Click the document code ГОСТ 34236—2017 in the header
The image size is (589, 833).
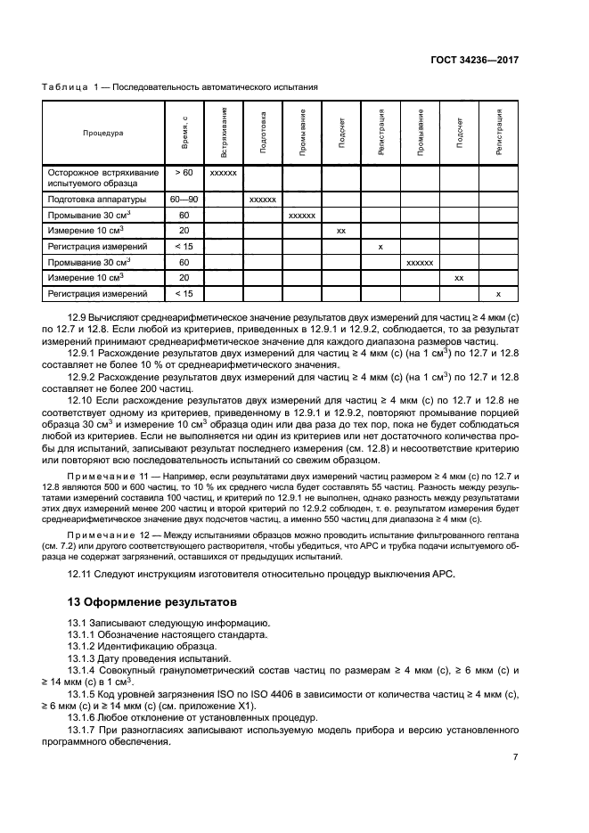[x=475, y=59]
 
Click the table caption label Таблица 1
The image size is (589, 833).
[x=73, y=86]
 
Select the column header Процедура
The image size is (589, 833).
[x=103, y=133]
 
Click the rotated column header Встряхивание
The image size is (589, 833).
[x=224, y=133]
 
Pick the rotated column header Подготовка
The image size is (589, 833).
[x=263, y=133]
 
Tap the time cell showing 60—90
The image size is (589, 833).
[x=184, y=200]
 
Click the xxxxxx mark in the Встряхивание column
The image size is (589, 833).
[x=223, y=172]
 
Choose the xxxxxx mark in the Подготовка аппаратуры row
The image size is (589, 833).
[x=263, y=200]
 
